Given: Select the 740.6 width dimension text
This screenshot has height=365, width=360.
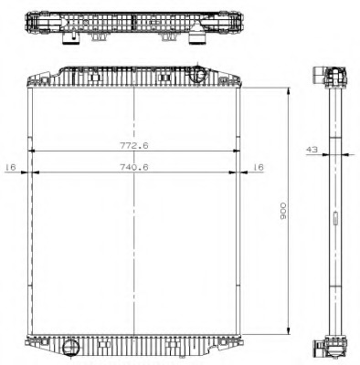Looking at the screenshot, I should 133,165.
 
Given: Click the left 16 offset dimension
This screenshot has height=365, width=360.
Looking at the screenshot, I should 11,166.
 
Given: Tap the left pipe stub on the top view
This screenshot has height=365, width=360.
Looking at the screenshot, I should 70,39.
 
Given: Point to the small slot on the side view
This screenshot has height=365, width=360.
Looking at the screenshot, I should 335,217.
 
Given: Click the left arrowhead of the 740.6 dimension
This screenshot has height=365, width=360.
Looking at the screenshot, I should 34,172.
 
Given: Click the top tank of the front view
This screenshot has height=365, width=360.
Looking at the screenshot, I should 135,77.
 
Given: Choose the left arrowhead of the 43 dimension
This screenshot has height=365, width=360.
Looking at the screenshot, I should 329,153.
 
